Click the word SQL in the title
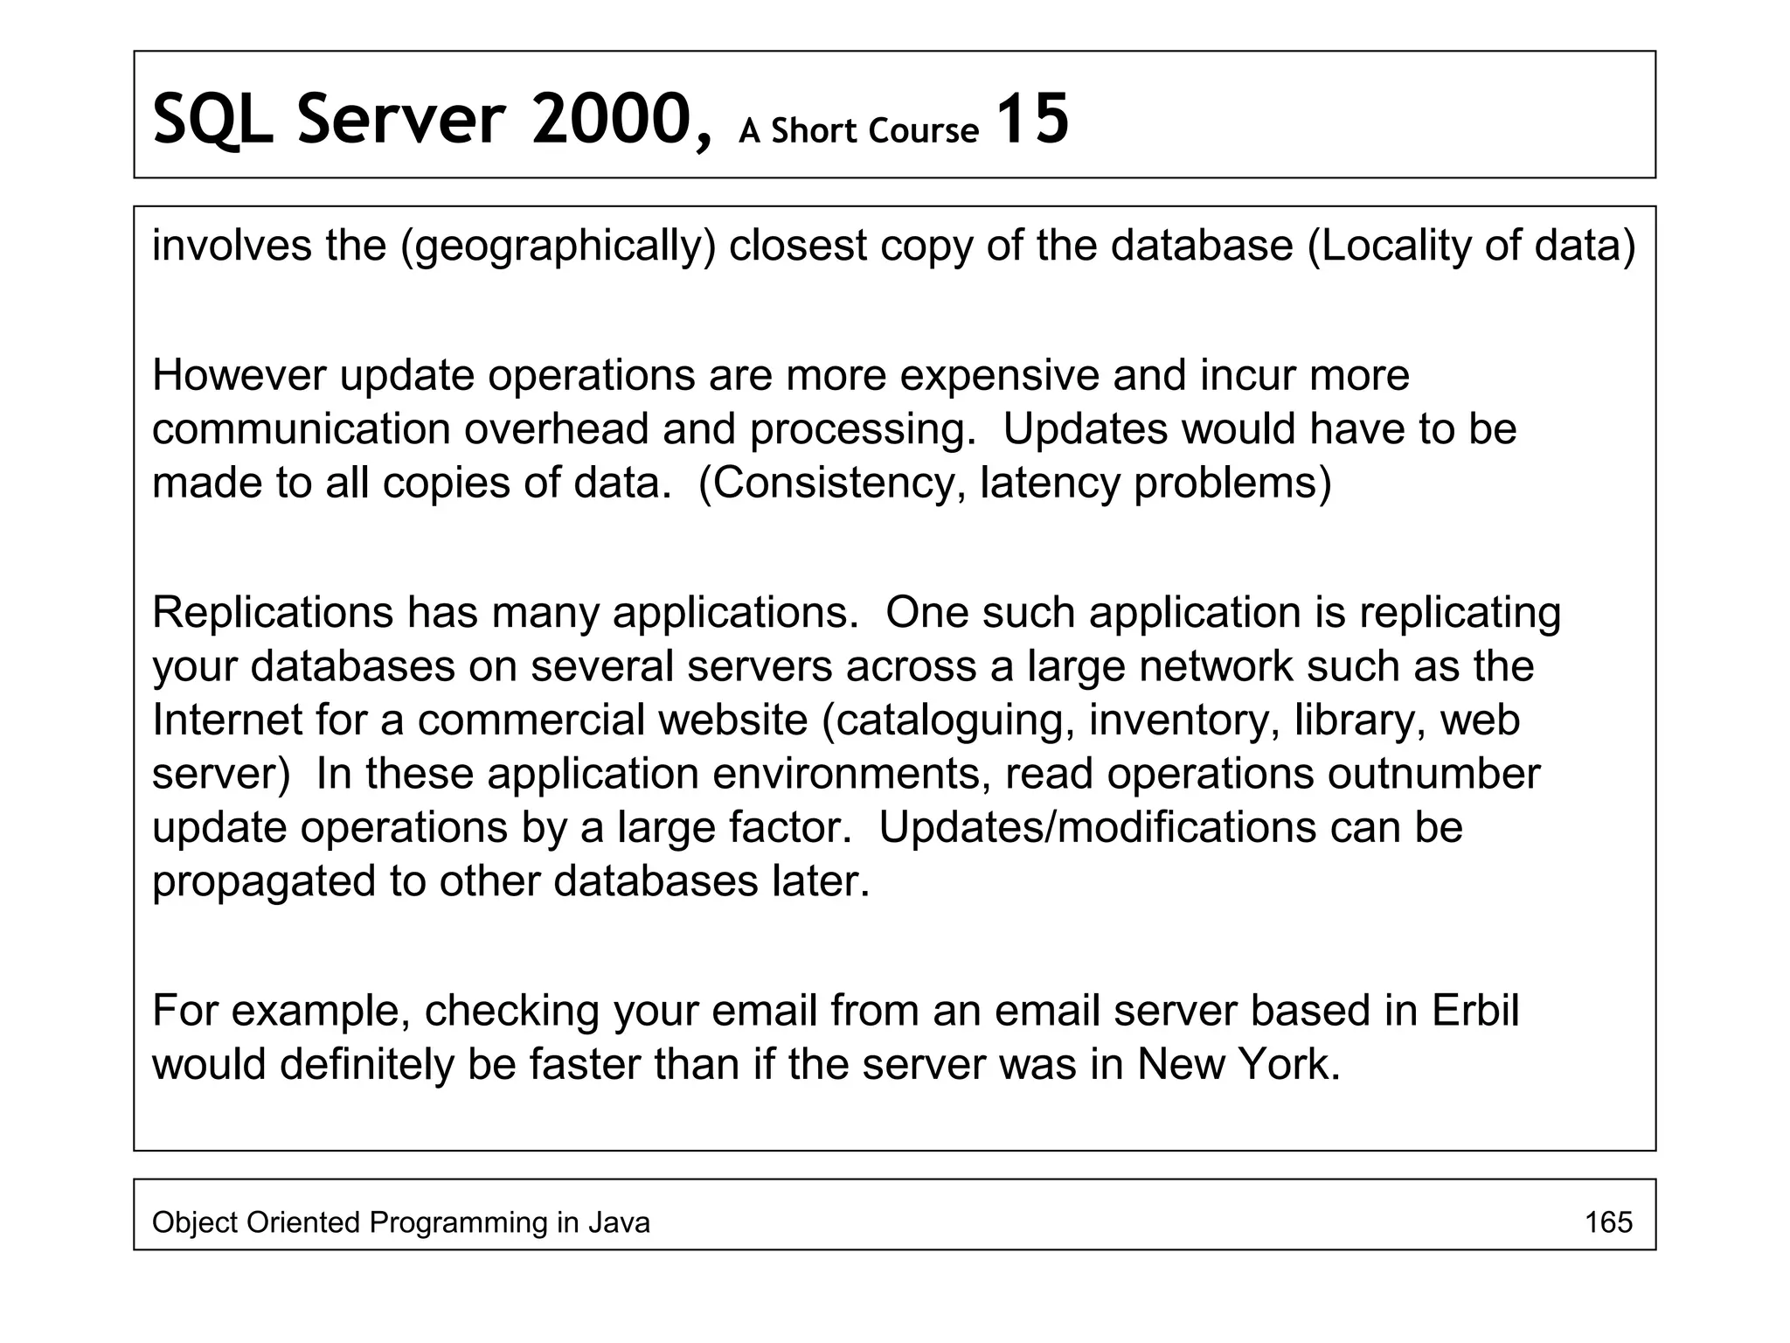tap(212, 121)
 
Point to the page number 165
tap(1608, 1222)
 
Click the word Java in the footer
tap(618, 1222)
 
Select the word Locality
tap(1391, 246)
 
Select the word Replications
tap(273, 612)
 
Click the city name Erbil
tap(1475, 1011)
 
